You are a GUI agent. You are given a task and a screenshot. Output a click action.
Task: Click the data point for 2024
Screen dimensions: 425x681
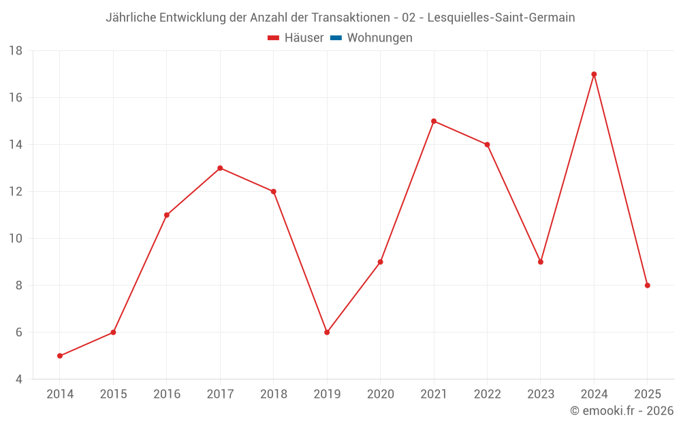594,74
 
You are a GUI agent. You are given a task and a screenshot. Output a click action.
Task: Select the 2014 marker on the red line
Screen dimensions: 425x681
60,356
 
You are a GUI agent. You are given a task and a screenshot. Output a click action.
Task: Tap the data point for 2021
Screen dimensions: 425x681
434,121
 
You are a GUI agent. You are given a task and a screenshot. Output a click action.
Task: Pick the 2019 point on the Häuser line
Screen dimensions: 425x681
327,333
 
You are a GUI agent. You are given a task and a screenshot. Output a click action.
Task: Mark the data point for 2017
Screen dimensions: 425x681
220,168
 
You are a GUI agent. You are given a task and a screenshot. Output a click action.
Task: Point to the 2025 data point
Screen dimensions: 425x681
647,286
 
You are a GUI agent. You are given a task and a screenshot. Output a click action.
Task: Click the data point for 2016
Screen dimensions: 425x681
167,215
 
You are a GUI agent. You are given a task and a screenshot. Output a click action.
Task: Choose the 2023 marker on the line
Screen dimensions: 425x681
541,262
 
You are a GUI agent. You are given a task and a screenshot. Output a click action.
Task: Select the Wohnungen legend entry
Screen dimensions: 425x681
379,38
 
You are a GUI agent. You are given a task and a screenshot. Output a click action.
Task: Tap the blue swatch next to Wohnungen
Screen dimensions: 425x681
336,38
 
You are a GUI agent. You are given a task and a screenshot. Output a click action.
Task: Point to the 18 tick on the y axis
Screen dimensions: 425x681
16,51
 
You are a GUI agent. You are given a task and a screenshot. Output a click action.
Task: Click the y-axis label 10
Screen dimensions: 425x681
16,239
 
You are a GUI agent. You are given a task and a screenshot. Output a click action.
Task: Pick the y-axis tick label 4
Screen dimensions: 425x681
18,379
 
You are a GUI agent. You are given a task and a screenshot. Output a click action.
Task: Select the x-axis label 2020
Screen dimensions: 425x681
380,394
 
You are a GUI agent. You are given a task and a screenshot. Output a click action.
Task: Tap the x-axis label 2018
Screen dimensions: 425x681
273,394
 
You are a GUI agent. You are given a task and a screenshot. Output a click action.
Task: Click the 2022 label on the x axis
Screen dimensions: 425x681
487,394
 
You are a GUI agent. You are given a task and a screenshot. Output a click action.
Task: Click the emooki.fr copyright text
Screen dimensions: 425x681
622,411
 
